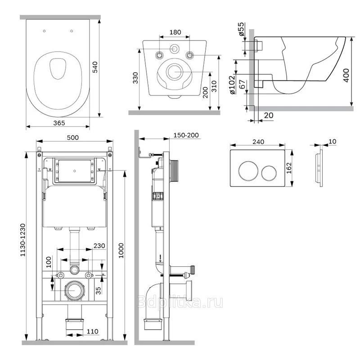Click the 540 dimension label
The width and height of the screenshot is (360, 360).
pyautogui.click(x=95, y=67)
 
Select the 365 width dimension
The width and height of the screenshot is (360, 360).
pyautogui.click(x=59, y=123)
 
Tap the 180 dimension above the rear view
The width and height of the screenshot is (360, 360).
pyautogui.click(x=175, y=32)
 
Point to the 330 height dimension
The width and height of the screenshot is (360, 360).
pyautogui.click(x=135, y=78)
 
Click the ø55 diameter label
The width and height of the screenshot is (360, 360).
pyautogui.click(x=241, y=29)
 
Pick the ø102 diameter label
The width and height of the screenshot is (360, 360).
pyautogui.click(x=232, y=85)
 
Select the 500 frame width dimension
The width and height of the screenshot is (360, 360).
pyautogui.click(x=73, y=138)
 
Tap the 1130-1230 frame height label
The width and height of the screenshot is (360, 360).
pyautogui.click(x=23, y=240)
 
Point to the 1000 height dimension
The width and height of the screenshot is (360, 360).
pyautogui.click(x=121, y=251)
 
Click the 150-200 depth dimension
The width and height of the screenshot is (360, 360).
pyautogui.click(x=186, y=135)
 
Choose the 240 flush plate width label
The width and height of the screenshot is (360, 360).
pyautogui.click(x=258, y=142)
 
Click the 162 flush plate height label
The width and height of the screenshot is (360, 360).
pyautogui.click(x=289, y=168)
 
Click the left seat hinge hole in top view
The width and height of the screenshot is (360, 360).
pyautogui.click(x=44, y=31)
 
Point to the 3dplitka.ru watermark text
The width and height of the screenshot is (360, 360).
pyautogui.click(x=180, y=302)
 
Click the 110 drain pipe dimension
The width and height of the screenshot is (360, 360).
pyautogui.click(x=93, y=331)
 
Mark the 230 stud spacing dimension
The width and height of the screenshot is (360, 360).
pyautogui.click(x=99, y=246)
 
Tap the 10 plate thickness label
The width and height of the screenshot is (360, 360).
pyautogui.click(x=333, y=141)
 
